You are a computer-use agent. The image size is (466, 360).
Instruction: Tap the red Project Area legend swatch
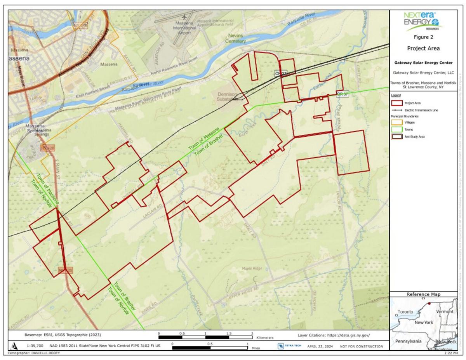click(x=396, y=104)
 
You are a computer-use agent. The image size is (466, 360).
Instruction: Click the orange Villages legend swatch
click(x=396, y=122)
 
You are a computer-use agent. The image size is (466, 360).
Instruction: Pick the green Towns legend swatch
click(x=396, y=129)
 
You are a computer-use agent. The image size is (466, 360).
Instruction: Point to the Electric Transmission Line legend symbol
click(x=396, y=110)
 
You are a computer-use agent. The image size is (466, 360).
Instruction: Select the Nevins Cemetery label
click(x=236, y=38)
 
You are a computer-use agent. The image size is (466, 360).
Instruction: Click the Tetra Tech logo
click(x=287, y=346)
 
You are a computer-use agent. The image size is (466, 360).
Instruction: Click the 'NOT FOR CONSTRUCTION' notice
click(x=361, y=346)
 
